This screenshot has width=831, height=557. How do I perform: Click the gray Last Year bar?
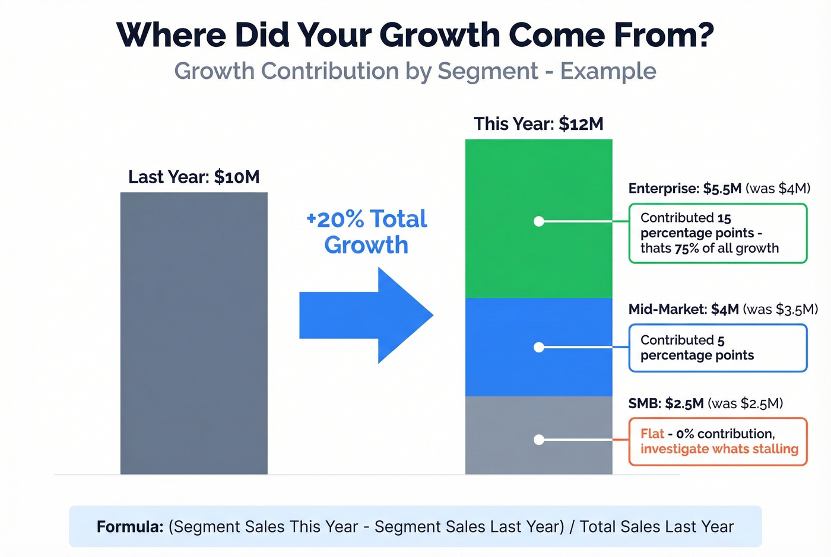coord(194,333)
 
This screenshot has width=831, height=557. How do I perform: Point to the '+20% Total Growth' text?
coord(366,232)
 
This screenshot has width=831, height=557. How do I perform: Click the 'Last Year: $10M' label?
coord(194,177)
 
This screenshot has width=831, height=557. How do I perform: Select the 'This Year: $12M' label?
coord(538,124)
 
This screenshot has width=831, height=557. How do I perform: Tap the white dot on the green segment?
coord(539,221)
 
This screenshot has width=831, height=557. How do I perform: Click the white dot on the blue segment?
coord(539,347)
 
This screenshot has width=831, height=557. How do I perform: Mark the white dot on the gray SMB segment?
coord(539,440)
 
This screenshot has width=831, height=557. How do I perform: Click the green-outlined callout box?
coord(718,233)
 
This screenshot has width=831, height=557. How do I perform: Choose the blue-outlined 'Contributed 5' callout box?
coord(718,348)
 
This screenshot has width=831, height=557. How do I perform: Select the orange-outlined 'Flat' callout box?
coord(718,441)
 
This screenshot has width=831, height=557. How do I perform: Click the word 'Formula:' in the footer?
coord(130,527)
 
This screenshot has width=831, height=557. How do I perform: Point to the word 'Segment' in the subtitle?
coord(487,71)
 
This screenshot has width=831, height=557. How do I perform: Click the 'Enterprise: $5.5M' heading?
coord(685,189)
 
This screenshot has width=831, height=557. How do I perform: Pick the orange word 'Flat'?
coord(652,434)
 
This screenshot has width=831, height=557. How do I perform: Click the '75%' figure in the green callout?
coord(686,249)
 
